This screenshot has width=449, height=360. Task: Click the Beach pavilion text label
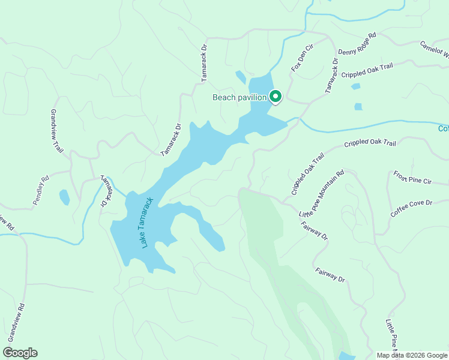pyautogui.click(x=240, y=97)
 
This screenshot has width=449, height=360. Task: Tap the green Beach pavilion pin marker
pyautogui.click(x=276, y=96)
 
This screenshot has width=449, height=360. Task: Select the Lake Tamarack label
pyautogui.click(x=146, y=223)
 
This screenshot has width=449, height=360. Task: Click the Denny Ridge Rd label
pyautogui.click(x=357, y=44)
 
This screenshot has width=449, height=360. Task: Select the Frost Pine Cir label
pyautogui.click(x=412, y=178)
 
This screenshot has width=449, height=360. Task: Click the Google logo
pyautogui.click(x=20, y=353)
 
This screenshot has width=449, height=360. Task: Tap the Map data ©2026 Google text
pyautogui.click(x=411, y=355)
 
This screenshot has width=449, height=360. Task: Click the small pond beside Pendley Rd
pyautogui.click(x=64, y=197)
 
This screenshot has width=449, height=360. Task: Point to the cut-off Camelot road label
pyautogui.click(x=435, y=50)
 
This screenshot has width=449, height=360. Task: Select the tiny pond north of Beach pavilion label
pyautogui.click(x=241, y=77)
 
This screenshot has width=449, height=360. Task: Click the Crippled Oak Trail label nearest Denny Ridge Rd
pyautogui.click(x=367, y=70)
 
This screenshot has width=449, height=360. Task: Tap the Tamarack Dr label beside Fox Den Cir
pyautogui.click(x=332, y=75)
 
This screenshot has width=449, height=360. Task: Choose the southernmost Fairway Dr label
pyautogui.click(x=330, y=275)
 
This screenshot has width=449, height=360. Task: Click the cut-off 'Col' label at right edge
pyautogui.click(x=443, y=128)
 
